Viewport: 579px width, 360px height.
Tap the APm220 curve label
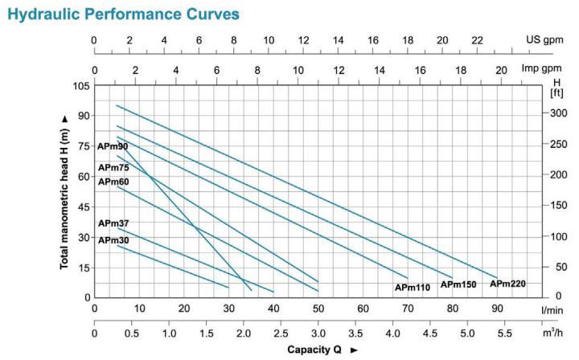coord(507,284)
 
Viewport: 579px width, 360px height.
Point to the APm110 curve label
coord(413,287)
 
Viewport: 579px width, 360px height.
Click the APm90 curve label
coord(113,146)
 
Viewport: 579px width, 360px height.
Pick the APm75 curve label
coord(113,167)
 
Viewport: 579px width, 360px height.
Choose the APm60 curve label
coord(113,182)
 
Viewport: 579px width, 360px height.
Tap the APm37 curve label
coord(113,223)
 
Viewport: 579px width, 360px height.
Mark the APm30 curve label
coord(113,239)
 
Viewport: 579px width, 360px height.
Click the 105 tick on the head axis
coord(81,85)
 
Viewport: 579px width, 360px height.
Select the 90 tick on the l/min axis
coord(497,309)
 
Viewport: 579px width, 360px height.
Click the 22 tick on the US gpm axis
coord(477,40)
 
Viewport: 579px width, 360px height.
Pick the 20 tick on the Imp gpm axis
coord(500,71)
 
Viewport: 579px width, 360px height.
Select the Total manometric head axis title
coord(64,190)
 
